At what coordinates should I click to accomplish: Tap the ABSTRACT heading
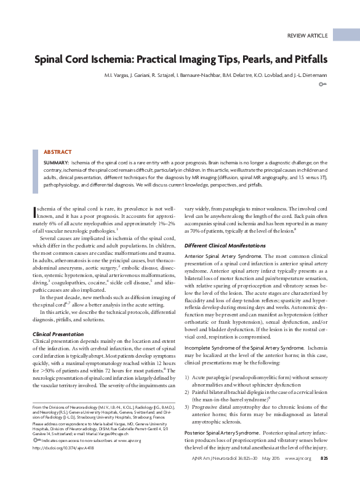coord(57,152)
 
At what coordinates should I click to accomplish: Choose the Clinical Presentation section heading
coord(58,334)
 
